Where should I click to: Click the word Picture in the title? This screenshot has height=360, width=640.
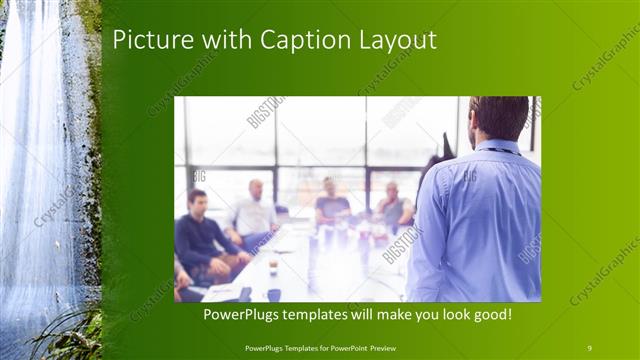point(147,41)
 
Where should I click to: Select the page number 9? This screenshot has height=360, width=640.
point(589,347)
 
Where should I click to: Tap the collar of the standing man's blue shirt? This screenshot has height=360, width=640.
point(500,148)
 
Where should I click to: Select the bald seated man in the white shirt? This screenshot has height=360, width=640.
point(254,212)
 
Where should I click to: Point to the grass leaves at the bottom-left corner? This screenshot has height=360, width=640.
point(60,335)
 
